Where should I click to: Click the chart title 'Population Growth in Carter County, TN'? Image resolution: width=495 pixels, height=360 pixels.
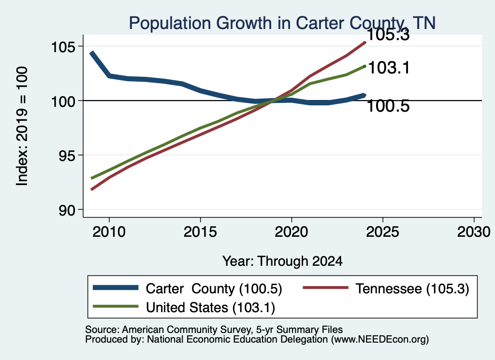(x=282, y=23)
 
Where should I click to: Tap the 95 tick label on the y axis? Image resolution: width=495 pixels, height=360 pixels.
(x=68, y=156)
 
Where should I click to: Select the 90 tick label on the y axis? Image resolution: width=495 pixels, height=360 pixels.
(x=68, y=210)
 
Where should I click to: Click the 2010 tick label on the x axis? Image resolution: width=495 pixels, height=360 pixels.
(x=109, y=232)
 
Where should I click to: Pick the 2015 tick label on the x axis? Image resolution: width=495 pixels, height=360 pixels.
(x=200, y=232)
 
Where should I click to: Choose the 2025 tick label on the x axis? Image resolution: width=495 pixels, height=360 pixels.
(x=383, y=232)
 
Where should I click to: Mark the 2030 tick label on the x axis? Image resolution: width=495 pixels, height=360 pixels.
(x=474, y=232)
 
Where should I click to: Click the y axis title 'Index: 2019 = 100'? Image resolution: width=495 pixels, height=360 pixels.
(x=22, y=126)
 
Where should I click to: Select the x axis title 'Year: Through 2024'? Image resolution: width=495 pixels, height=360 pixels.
(x=282, y=261)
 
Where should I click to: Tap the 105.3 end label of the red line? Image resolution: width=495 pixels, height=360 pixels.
(x=388, y=34)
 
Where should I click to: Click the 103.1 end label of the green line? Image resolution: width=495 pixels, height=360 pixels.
(x=389, y=68)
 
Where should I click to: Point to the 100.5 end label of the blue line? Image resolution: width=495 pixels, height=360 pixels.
(x=388, y=106)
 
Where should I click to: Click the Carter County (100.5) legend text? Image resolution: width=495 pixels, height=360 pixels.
(x=214, y=288)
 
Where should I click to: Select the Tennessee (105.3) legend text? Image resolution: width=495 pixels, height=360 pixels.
(x=412, y=288)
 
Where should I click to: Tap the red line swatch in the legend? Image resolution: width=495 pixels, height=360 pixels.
(x=325, y=288)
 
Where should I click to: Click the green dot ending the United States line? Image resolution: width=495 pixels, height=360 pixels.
(x=364, y=66)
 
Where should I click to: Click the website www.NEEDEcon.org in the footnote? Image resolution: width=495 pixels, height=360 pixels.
(x=380, y=340)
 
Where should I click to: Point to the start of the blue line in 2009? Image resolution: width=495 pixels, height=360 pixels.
(x=91, y=53)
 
